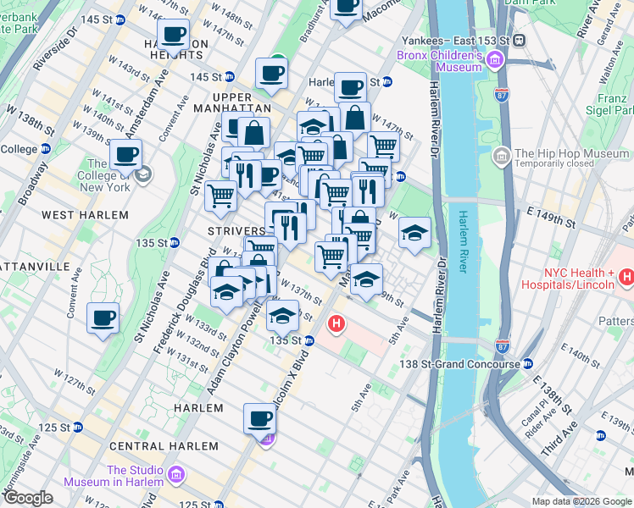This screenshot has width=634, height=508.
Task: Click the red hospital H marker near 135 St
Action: point(337,323)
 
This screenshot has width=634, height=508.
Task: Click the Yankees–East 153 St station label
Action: point(454,41)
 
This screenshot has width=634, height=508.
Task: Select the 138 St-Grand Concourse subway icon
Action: point(527,364)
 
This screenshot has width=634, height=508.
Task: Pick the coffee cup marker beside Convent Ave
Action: point(103,319)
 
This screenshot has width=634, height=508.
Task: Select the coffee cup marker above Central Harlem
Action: point(260,419)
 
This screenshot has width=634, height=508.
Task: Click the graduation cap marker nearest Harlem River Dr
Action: point(414,235)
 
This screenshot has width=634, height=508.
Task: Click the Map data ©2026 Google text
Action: point(581,501)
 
